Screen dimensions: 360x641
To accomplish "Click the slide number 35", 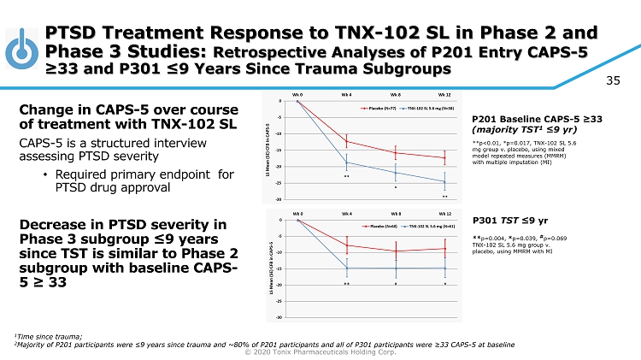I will [x=612, y=81].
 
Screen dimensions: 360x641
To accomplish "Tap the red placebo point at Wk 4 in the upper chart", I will [x=346, y=141].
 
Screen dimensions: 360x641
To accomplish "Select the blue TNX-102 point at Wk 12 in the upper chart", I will [x=444, y=181].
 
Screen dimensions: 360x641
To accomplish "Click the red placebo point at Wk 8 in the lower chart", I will [x=396, y=251].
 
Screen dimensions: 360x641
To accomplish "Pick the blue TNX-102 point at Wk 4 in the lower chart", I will [x=346, y=269].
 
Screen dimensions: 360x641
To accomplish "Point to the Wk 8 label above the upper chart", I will [x=396, y=94].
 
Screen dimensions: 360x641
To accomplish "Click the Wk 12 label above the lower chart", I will [x=444, y=213].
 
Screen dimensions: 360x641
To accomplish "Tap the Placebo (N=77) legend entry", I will [x=377, y=109].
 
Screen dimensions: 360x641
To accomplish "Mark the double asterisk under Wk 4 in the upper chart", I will [x=346, y=176].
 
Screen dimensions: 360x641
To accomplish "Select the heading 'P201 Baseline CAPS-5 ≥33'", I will [x=530, y=119].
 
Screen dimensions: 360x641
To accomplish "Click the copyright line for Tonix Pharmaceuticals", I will [x=320, y=351].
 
